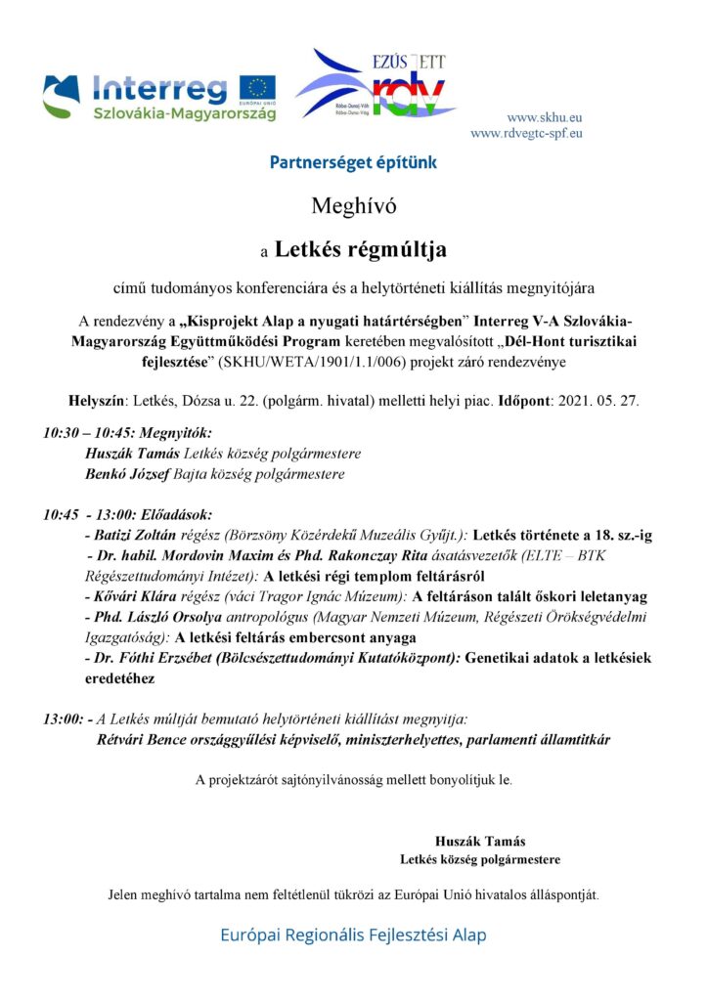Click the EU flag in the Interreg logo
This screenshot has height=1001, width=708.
[x=259, y=87]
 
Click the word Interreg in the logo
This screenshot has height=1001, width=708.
[x=159, y=89]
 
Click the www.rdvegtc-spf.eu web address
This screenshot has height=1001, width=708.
[x=526, y=133]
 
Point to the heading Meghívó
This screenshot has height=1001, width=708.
[x=353, y=206]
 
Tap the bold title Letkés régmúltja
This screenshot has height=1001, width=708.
[x=360, y=250]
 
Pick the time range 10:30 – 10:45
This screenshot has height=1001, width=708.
[x=89, y=432]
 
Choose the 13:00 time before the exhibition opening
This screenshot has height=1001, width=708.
[x=63, y=719]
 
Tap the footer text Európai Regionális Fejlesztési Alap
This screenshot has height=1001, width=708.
[x=353, y=935]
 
